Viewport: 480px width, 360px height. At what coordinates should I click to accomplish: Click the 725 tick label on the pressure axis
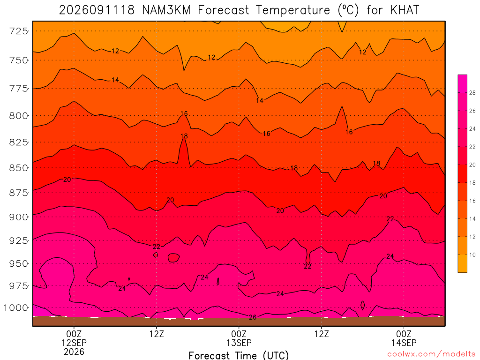click(x=19, y=31)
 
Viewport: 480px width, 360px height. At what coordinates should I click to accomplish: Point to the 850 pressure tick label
click(x=19, y=168)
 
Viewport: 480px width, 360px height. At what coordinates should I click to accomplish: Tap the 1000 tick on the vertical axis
click(x=16, y=307)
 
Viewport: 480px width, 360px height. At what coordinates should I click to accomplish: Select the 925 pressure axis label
click(x=19, y=240)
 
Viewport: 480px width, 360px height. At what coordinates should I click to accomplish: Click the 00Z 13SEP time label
click(x=239, y=338)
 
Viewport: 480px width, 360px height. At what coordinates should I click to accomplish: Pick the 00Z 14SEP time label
click(x=404, y=338)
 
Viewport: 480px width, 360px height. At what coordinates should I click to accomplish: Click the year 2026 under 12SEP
click(x=74, y=352)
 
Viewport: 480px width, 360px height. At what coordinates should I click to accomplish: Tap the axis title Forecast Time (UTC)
click(x=239, y=355)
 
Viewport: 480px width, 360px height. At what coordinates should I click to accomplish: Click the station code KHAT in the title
click(x=405, y=10)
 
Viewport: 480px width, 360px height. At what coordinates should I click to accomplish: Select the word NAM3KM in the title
click(x=166, y=10)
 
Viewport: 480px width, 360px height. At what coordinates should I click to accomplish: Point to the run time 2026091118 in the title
click(x=97, y=10)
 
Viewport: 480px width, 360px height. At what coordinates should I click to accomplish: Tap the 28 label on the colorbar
click(x=472, y=93)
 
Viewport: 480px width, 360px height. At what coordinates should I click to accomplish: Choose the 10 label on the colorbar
click(x=472, y=255)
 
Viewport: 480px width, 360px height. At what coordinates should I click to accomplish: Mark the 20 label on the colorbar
click(x=472, y=165)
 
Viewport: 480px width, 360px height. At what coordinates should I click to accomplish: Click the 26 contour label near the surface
click(x=253, y=317)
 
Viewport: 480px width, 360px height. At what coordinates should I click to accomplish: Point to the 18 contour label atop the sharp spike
click(x=184, y=136)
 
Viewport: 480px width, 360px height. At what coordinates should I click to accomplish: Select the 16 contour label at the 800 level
click(x=184, y=113)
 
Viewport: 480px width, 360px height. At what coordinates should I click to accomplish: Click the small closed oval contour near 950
click(x=173, y=258)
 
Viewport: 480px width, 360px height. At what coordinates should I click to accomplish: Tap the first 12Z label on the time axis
click(x=157, y=334)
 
